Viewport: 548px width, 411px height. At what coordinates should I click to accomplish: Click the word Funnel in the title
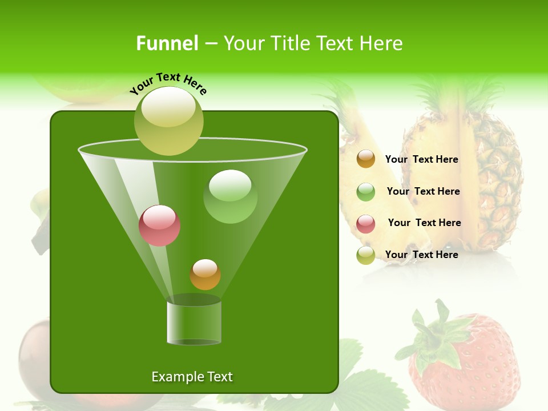(167, 43)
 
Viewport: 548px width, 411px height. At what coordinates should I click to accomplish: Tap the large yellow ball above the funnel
(169, 120)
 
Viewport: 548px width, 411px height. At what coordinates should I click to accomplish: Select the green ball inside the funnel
(230, 196)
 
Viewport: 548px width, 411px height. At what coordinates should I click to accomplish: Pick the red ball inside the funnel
(159, 225)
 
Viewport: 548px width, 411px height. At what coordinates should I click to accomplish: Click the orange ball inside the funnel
(205, 275)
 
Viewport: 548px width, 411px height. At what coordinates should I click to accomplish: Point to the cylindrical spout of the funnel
(194, 323)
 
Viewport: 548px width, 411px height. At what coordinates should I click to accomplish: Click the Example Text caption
(192, 377)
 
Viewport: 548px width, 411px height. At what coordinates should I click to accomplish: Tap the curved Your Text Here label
(168, 83)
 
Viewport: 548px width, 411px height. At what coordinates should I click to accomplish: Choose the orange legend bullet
(366, 159)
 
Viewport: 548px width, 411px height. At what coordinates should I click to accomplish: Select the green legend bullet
(366, 192)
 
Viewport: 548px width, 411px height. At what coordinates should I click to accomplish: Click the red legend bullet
(366, 224)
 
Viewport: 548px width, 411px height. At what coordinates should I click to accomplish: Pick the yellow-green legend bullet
(366, 255)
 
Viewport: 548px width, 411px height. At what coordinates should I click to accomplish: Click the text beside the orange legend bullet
(421, 159)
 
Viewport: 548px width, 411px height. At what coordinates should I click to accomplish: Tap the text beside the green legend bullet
(423, 191)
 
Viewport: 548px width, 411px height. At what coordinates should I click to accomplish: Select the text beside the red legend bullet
(424, 223)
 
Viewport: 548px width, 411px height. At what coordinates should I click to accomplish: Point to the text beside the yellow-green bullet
(421, 255)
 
